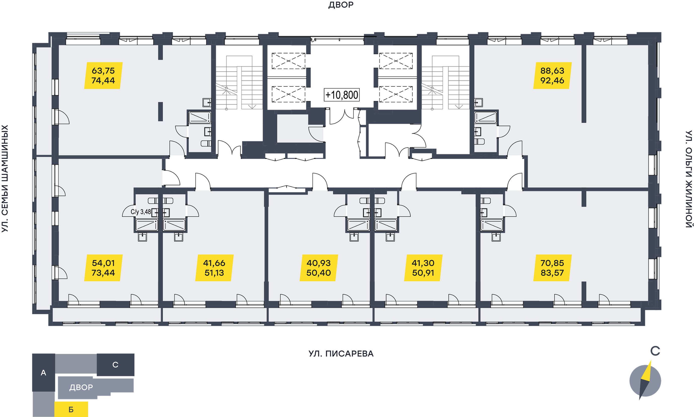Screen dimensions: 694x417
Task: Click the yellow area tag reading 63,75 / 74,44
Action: [x=103, y=76]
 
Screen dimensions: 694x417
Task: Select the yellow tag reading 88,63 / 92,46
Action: [x=552, y=76]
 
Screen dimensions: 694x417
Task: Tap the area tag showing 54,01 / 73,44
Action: [x=103, y=268]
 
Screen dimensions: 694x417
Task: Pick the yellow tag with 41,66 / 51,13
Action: [x=214, y=268]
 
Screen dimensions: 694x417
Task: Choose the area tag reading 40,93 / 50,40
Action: [x=319, y=268]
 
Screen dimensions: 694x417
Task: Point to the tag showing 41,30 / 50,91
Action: [x=423, y=268]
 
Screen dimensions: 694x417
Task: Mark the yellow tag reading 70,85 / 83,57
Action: [x=552, y=268]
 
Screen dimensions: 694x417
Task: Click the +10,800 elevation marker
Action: [x=342, y=95]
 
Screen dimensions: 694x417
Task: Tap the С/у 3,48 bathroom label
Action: [x=141, y=212]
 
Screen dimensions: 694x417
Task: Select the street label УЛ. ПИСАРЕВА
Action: [x=341, y=354]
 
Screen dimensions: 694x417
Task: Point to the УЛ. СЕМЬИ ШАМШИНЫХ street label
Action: [x=5, y=179]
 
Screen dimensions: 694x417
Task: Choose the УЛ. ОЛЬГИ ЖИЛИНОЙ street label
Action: [x=689, y=179]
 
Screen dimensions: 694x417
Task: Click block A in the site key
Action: [x=44, y=373]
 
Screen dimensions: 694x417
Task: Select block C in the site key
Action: [x=115, y=365]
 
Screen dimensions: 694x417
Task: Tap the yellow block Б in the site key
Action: [x=71, y=409]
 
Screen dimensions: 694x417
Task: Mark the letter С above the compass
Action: [x=655, y=351]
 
